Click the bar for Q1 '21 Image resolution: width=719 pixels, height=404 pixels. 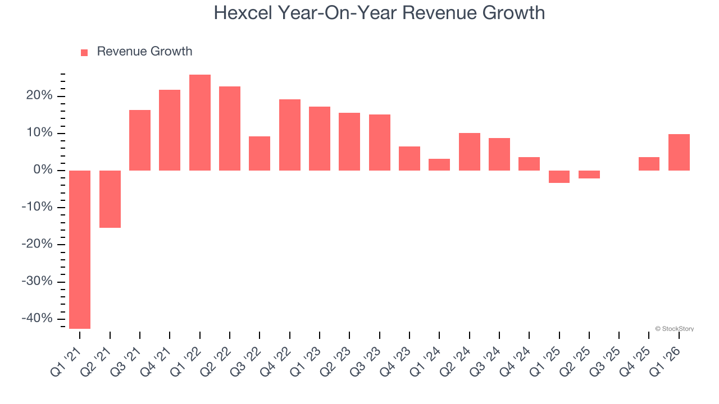(80, 249)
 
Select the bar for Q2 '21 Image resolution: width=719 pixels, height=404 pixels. (110, 199)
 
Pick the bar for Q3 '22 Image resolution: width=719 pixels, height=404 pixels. (260, 153)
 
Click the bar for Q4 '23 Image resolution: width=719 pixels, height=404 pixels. (409, 158)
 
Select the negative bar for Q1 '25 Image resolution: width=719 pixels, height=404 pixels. (559, 176)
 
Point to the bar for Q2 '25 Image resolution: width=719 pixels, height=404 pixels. (589, 174)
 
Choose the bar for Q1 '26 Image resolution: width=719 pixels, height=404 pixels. (679, 152)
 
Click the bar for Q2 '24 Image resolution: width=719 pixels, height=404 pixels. (470, 151)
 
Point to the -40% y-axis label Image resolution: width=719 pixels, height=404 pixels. (37, 318)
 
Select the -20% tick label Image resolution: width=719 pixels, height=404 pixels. (37, 244)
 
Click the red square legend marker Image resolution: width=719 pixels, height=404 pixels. (84, 52)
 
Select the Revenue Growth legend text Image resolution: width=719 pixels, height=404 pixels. (144, 52)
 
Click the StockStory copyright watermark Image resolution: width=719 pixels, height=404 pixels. (674, 329)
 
